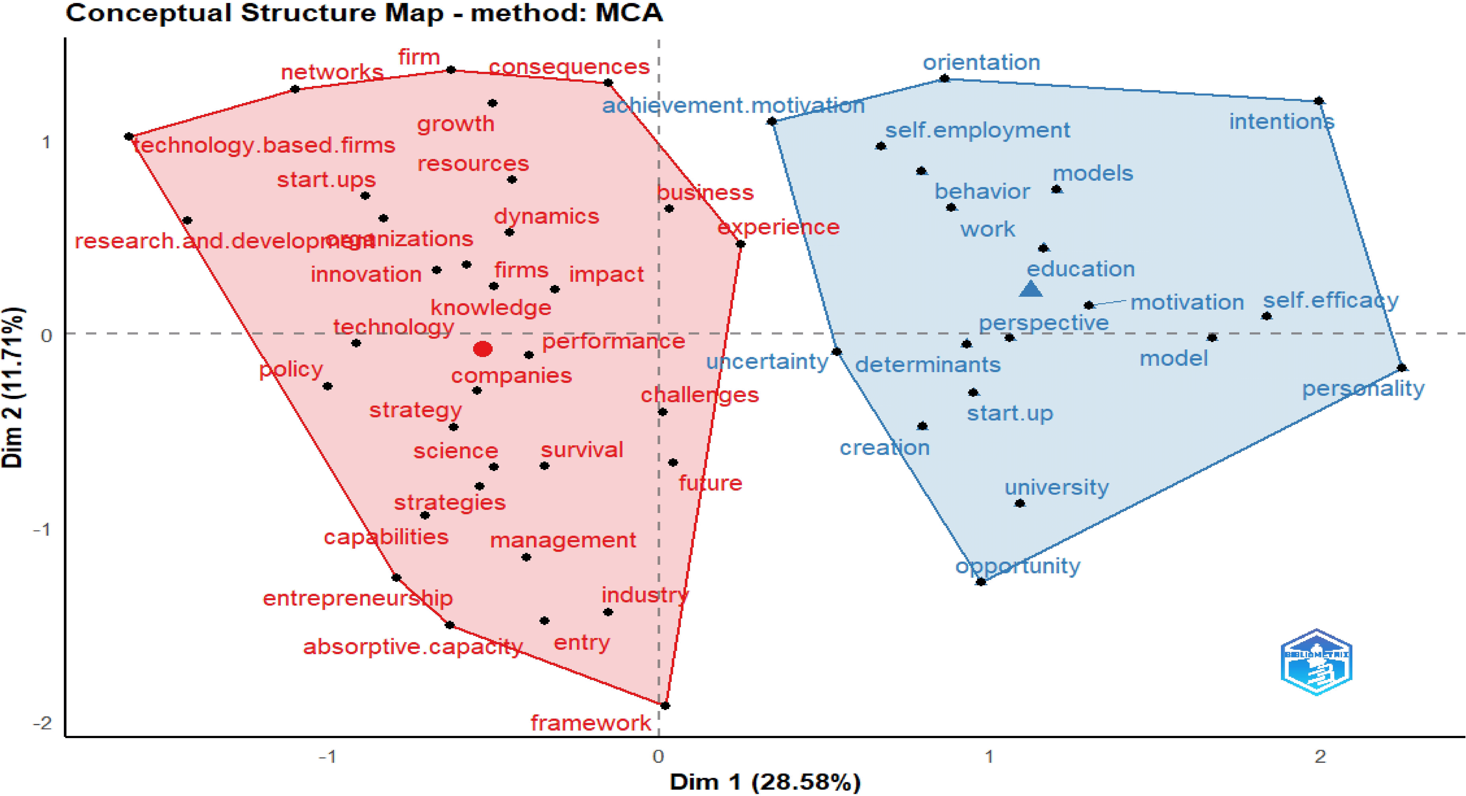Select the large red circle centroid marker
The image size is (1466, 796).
(483, 348)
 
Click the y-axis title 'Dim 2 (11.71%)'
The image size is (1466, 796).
(13, 387)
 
